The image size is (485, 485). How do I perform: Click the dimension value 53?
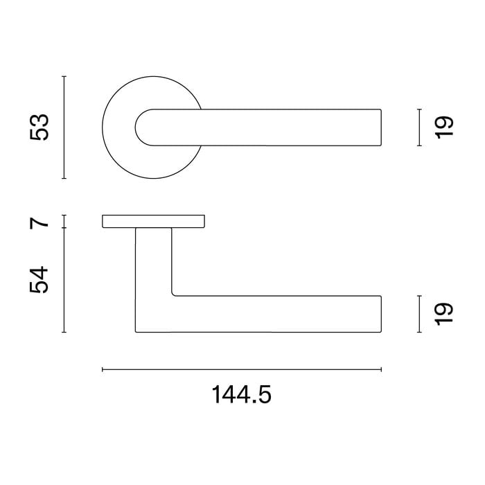(41, 127)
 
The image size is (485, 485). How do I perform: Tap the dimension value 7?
(41, 222)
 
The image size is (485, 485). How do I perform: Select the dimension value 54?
(41, 279)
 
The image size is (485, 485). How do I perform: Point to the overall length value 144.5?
(242, 395)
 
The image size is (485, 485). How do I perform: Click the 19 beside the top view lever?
(444, 126)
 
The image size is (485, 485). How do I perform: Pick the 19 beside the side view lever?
(444, 313)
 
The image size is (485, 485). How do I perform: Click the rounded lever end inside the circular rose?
(143, 127)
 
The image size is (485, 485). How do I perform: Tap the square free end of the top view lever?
(378, 127)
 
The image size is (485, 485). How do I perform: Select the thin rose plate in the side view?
(153, 221)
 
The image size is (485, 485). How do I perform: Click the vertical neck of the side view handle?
(153, 263)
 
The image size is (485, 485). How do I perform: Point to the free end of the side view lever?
(378, 314)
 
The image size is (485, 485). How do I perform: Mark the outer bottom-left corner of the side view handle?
(136, 332)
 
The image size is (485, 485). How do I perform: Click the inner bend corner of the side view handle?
(173, 294)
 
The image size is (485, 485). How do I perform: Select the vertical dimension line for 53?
(64, 127)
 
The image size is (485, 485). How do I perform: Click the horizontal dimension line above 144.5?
(242, 370)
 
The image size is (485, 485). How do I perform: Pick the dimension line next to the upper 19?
(419, 127)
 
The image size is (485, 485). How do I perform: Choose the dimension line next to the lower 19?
(419, 314)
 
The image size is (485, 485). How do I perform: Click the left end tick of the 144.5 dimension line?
(103, 370)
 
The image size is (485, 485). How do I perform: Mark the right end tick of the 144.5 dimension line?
(381, 370)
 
